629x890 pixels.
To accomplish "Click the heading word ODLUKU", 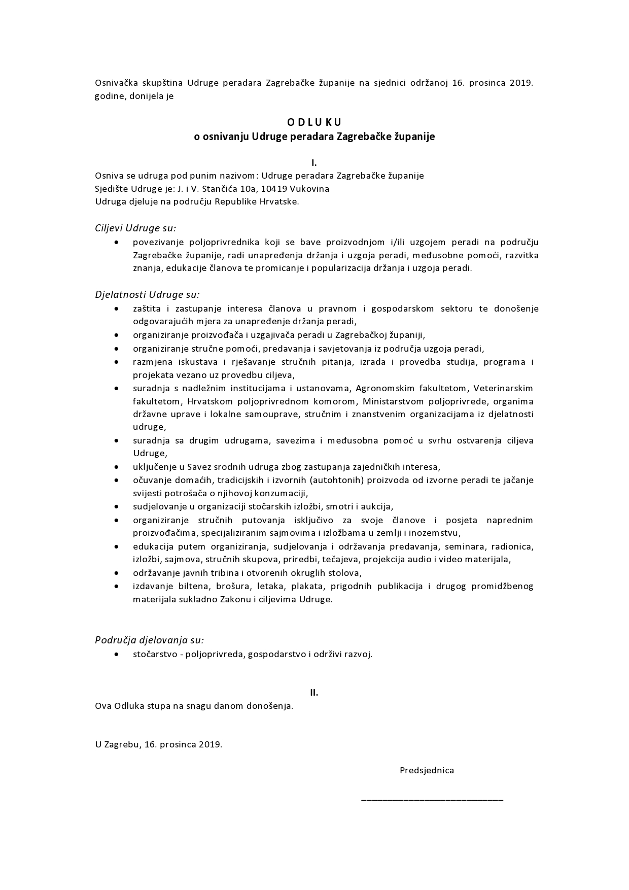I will point(314,122).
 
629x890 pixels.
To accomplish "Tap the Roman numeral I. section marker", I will point(314,163).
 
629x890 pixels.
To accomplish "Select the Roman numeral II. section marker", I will point(314,693).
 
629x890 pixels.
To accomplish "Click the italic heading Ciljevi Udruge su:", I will point(135,228).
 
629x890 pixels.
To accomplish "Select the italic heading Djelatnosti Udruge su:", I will point(147,294).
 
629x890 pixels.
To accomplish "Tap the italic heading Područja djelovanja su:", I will point(149,640).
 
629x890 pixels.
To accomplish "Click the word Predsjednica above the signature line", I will point(427,770).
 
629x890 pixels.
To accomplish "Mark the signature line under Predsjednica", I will point(432,800).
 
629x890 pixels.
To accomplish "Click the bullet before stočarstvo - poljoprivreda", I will point(118,655).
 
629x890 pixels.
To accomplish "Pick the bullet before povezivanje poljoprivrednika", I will point(118,243).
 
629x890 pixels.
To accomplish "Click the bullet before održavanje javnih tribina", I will point(118,573).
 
